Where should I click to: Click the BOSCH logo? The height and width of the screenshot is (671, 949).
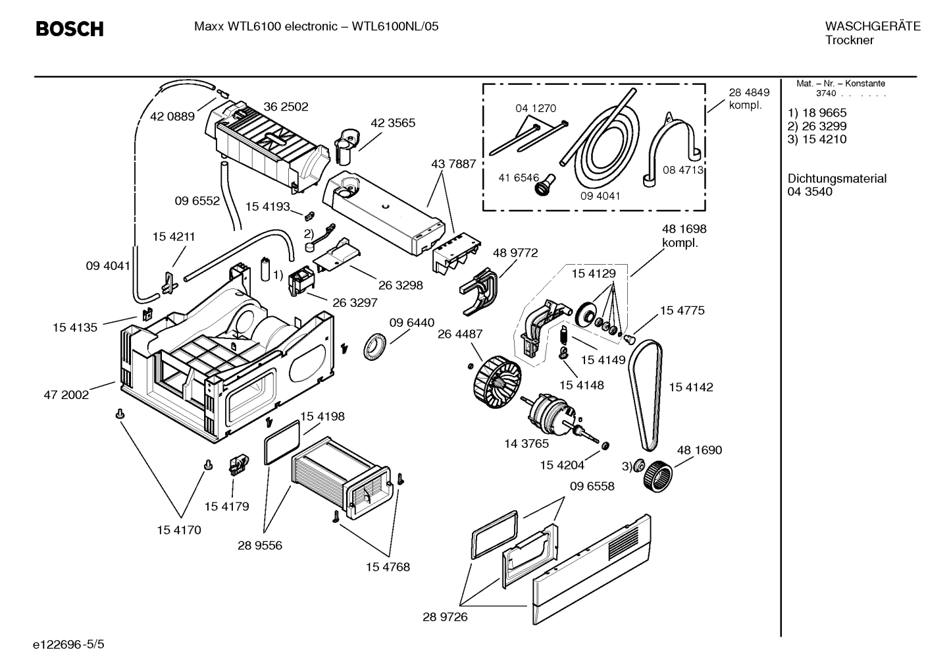pos(69,29)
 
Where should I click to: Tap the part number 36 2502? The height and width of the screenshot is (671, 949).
pos(286,107)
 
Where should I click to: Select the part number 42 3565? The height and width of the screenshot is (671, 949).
pos(393,123)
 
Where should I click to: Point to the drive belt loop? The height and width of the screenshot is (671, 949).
pos(644,395)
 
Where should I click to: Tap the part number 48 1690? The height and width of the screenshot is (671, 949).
pos(699,450)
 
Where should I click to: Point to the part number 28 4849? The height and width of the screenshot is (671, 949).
pos(748,93)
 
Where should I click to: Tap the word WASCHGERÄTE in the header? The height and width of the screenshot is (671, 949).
pos(872,26)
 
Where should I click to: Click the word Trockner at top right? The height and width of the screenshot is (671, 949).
pos(849,40)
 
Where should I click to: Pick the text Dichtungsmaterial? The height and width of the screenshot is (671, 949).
pos(836,178)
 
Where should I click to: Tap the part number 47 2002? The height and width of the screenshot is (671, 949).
pos(66,395)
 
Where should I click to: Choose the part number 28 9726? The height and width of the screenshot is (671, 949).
pos(445,617)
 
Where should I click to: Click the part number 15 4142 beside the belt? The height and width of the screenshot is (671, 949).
pos(690,387)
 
